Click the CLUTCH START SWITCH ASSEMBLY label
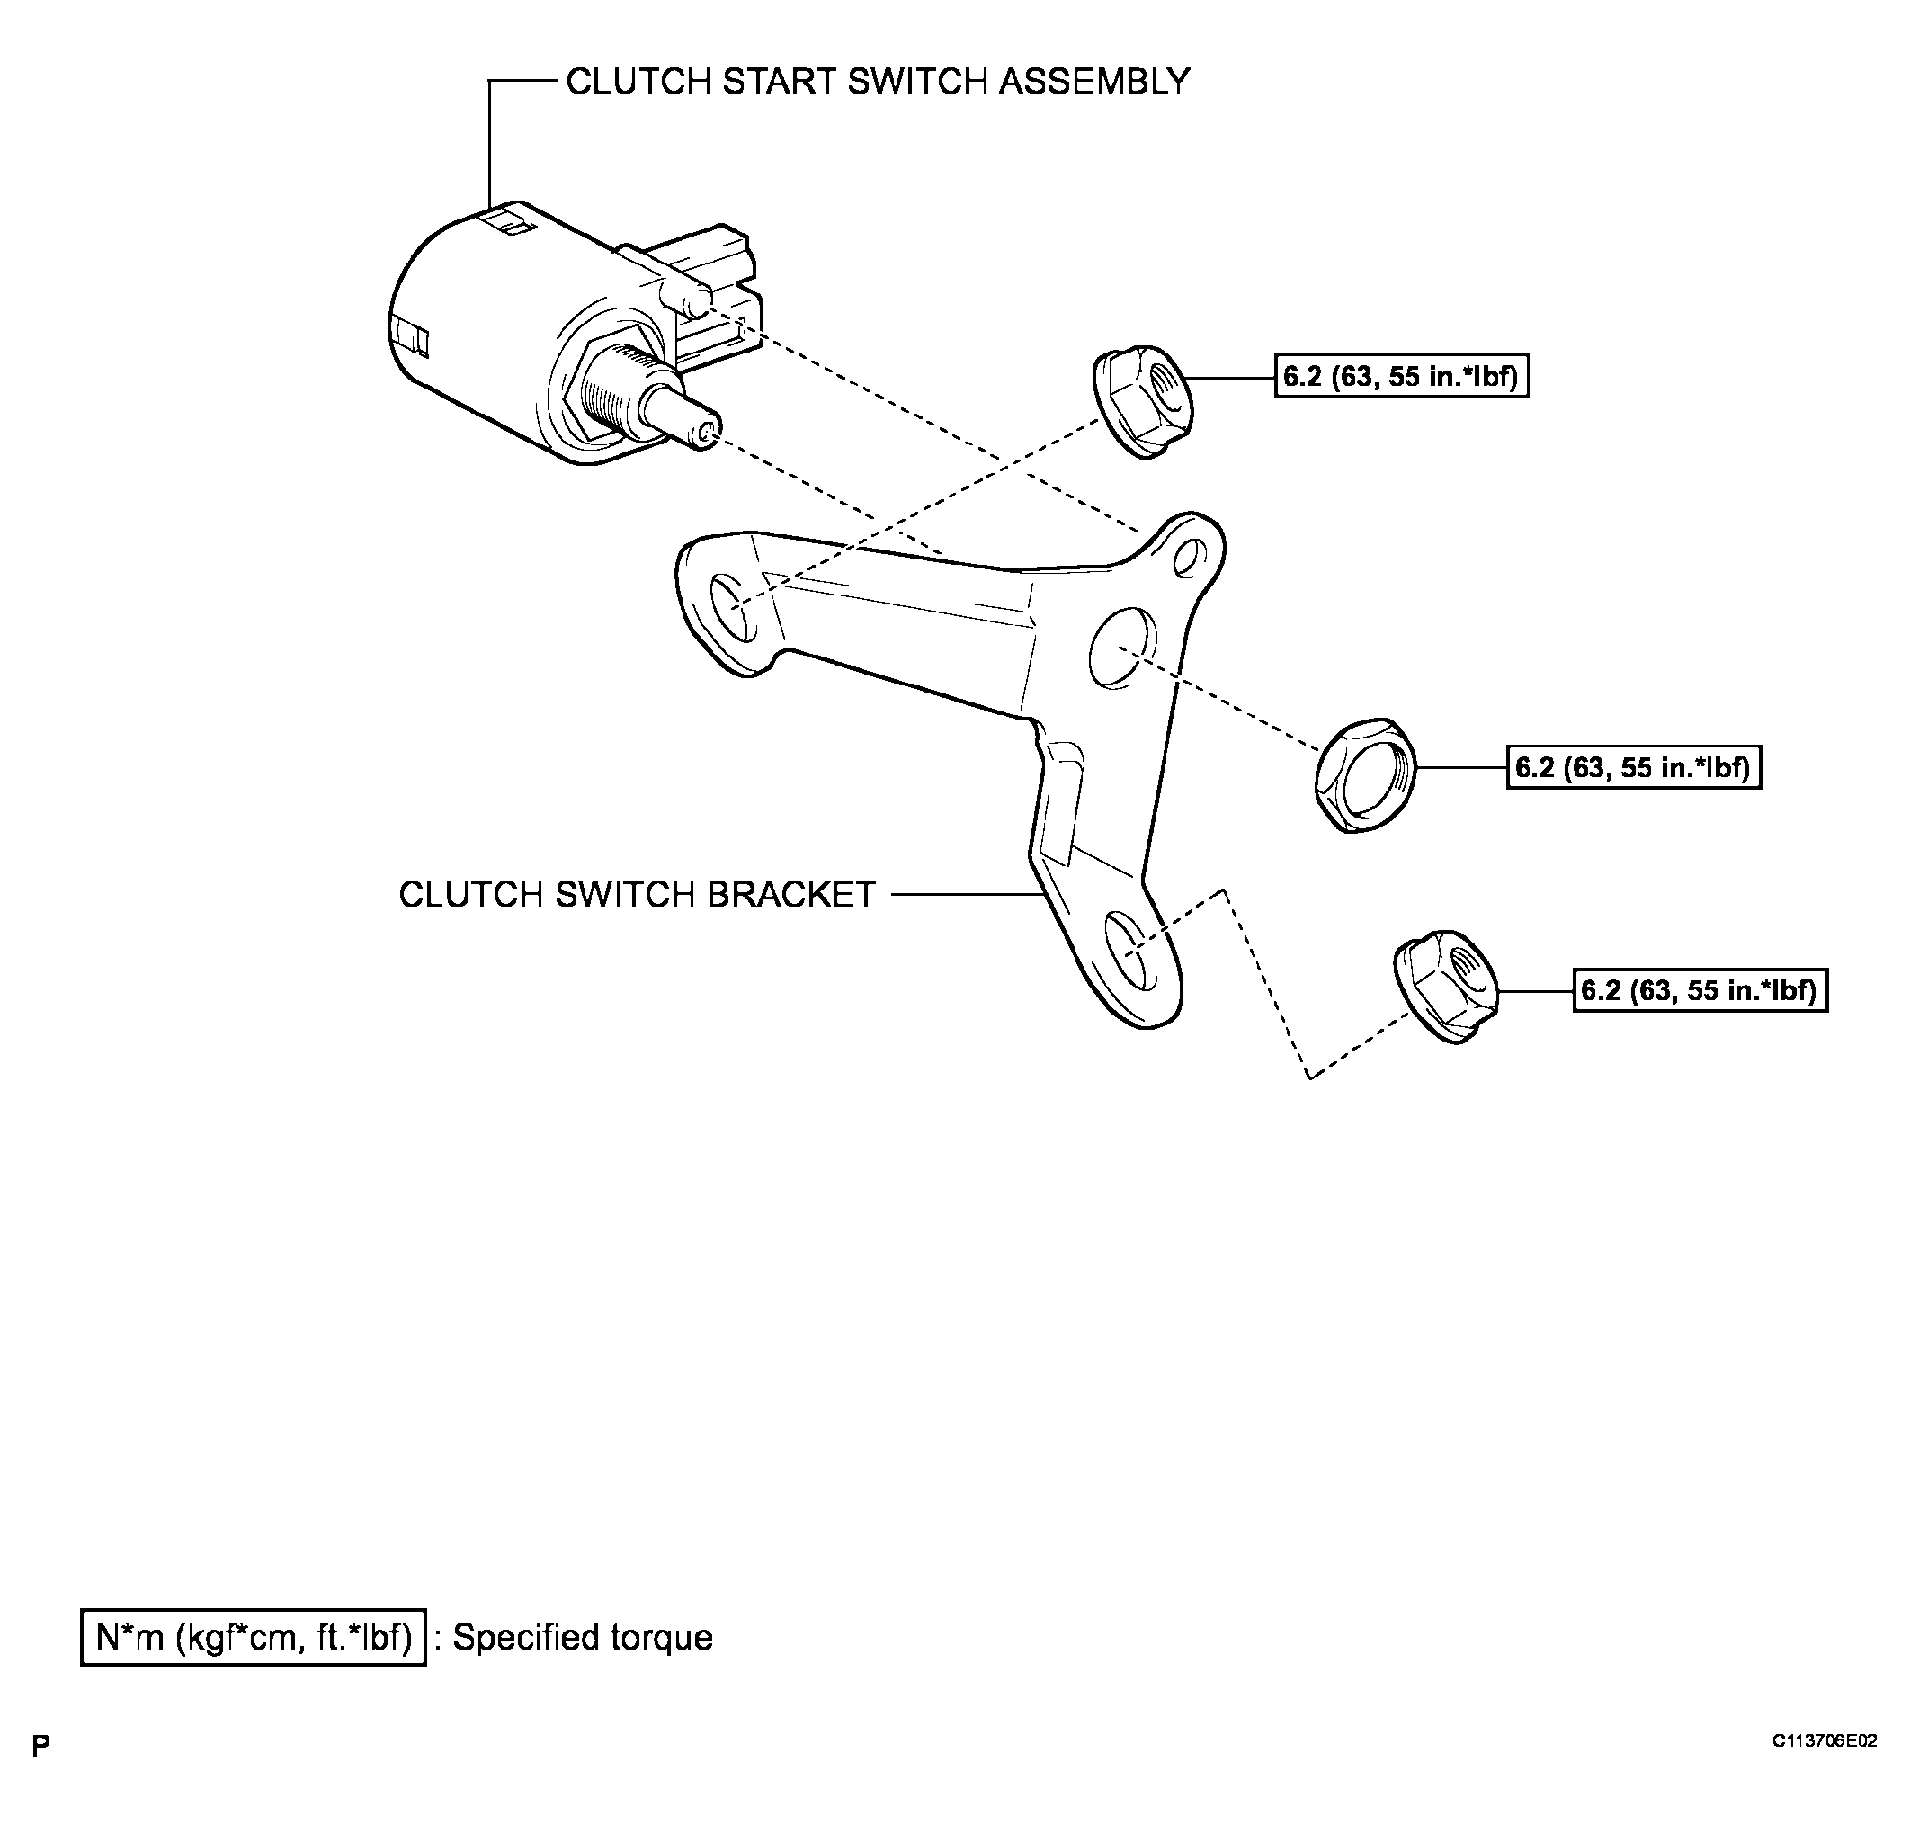(x=877, y=82)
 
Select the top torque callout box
(x=1401, y=376)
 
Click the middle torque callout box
(x=1633, y=767)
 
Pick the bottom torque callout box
(x=1700, y=991)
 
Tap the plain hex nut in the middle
(x=1365, y=775)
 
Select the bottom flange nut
(x=1444, y=987)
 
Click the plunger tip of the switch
(x=706, y=432)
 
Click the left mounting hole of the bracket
(x=733, y=608)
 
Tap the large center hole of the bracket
(x=1121, y=648)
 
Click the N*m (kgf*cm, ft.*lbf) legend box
(x=253, y=1637)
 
